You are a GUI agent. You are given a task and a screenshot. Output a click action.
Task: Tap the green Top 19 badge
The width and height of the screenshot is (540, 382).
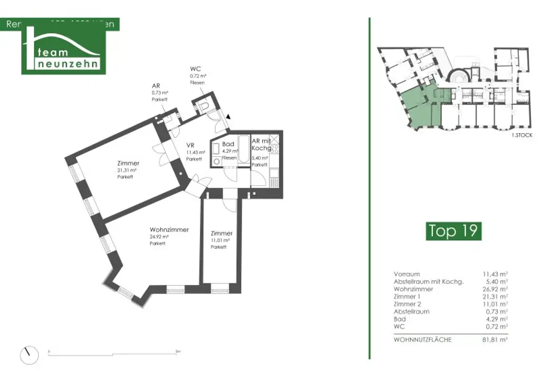[x=453, y=231]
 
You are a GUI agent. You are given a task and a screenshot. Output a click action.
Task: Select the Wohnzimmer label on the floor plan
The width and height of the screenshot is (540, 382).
[x=169, y=230]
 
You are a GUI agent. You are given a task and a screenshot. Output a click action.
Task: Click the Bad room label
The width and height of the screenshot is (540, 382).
[x=228, y=144]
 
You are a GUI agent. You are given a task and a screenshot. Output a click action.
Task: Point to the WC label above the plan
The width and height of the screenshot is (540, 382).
[x=195, y=69]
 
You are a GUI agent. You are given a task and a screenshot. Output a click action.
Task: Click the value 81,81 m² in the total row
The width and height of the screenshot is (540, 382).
[x=495, y=340]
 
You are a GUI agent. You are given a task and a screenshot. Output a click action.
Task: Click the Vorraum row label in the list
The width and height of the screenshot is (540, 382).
[x=407, y=274]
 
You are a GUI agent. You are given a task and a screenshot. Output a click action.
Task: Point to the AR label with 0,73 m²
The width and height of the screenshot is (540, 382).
[x=156, y=85]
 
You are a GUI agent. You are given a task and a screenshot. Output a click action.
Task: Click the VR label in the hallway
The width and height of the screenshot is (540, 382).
[x=191, y=146]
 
